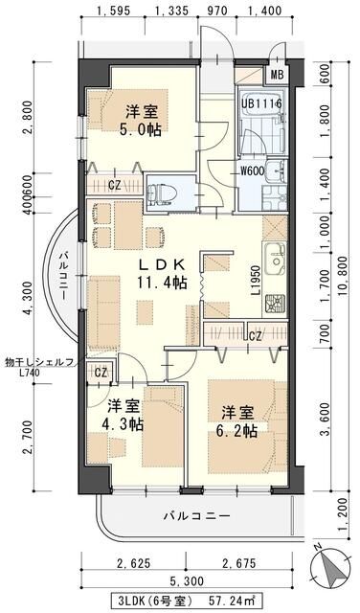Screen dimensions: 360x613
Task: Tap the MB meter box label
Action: coord(277,75)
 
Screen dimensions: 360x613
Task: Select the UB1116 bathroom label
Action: coord(262,104)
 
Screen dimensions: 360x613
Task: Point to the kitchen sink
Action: coord(276,260)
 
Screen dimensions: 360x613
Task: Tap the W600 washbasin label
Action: coord(252,170)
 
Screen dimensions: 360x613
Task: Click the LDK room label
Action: coord(162,264)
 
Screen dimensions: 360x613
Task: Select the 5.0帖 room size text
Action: coord(142,129)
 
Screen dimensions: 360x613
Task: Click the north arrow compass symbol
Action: coord(330,565)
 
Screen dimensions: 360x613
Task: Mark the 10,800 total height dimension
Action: coord(344,277)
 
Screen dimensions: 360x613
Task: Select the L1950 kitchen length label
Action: coord(256,281)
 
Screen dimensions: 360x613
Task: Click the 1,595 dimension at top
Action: coord(113,11)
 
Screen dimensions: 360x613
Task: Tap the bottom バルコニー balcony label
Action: coord(197,516)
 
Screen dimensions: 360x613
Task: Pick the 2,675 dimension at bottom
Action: coord(239,564)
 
